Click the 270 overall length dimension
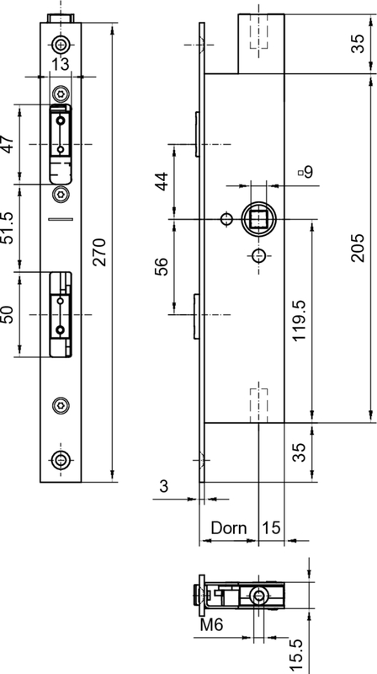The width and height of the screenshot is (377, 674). [99, 252]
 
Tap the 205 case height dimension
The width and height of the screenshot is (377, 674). [358, 248]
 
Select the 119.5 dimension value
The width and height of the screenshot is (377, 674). [299, 321]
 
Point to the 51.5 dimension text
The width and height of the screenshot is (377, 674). [9, 227]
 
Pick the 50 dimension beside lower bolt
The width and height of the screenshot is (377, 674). [9, 314]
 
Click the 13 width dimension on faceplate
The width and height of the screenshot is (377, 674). [61, 65]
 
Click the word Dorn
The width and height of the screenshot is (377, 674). [229, 527]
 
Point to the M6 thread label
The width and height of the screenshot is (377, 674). [212, 624]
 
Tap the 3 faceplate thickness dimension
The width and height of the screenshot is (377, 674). [163, 487]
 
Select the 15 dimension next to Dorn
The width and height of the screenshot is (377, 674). [271, 527]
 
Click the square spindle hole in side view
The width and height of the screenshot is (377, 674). [258, 220]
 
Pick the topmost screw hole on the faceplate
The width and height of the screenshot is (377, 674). [61, 44]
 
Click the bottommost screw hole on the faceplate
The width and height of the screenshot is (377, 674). [61, 460]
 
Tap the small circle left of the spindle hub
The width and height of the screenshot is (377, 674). [226, 220]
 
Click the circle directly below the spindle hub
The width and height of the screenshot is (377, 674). [258, 256]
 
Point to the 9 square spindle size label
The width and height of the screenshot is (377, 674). [306, 172]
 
